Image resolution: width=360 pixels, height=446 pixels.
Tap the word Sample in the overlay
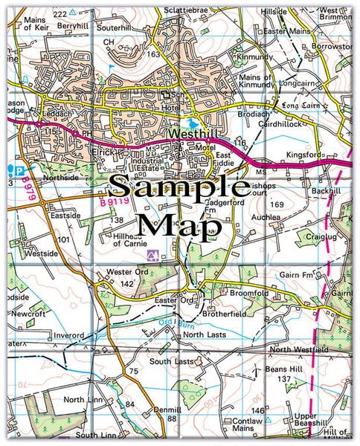pos(180,187)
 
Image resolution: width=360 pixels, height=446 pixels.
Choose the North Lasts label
pos(204,336)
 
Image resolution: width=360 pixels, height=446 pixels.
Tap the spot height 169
pos(277,204)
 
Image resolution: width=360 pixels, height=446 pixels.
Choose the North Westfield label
pos(299,349)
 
